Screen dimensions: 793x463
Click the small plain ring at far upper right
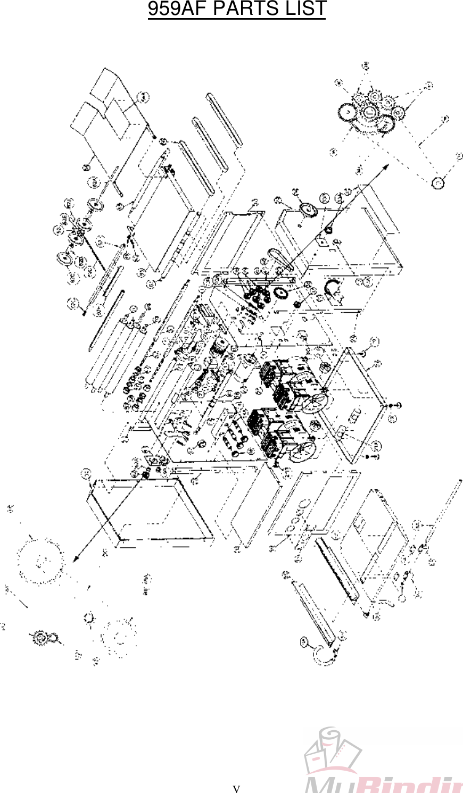pyautogui.click(x=438, y=183)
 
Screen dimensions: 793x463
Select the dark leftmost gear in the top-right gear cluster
pyautogui.click(x=346, y=113)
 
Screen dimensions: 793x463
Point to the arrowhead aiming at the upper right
pyautogui.click(x=385, y=166)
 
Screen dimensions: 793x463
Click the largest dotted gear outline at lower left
pyautogui.click(x=40, y=560)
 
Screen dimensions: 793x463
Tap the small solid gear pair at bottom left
pyautogui.click(x=43, y=637)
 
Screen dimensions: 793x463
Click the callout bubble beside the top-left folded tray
pyautogui.click(x=143, y=96)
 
